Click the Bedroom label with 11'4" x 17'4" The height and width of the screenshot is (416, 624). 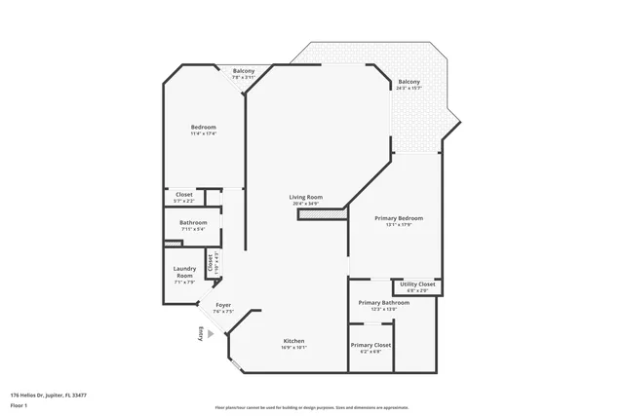pos(203,128)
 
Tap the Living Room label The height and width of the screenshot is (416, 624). pos(305,197)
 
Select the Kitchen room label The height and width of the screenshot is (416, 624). pos(294,341)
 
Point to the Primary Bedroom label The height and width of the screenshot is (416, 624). pos(399,218)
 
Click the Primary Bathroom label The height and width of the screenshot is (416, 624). pos(383,303)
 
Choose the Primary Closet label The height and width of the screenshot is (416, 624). pos(370,345)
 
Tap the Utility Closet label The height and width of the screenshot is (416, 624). pos(417,284)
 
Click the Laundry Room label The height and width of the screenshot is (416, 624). pos(184,273)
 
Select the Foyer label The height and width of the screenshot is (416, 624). pos(223,305)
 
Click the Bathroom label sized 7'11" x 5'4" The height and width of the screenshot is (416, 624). pos(193,222)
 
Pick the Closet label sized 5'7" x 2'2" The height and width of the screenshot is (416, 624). pos(184,194)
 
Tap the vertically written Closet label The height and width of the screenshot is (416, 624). pos(211,263)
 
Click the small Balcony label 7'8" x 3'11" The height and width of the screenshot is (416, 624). pos(243,71)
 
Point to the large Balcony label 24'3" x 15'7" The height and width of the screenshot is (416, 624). pos(409,82)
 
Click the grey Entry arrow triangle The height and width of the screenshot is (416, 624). pos(212,332)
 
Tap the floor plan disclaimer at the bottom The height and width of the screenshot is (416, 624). pos(311,407)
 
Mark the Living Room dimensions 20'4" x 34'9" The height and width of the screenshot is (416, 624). pos(305,203)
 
